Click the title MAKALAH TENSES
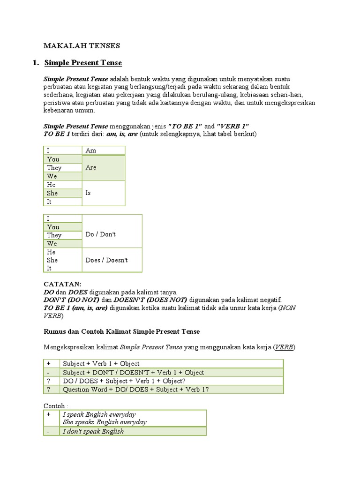(82, 45)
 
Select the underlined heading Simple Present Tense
(83, 63)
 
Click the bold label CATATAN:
(62, 284)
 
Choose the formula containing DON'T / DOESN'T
(134, 372)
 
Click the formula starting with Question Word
(136, 389)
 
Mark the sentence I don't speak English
(93, 431)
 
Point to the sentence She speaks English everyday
(105, 422)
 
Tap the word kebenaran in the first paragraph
(60, 111)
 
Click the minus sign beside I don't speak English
(48, 431)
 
